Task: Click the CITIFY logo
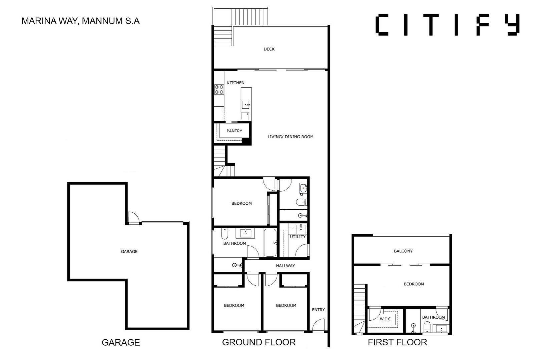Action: pyautogui.click(x=448, y=24)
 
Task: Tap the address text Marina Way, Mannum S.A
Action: pyautogui.click(x=80, y=21)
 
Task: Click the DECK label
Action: pyautogui.click(x=269, y=49)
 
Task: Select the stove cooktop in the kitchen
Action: pyautogui.click(x=219, y=90)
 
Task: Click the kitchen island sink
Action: pyautogui.click(x=245, y=105)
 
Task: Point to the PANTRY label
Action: pyautogui.click(x=234, y=131)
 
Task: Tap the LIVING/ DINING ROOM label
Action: pyautogui.click(x=291, y=137)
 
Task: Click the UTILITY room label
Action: pyautogui.click(x=298, y=237)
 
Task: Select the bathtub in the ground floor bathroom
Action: pyautogui.click(x=270, y=243)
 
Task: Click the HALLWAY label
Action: pyautogui.click(x=285, y=266)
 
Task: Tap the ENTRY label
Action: pyautogui.click(x=318, y=310)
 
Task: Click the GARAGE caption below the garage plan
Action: pyautogui.click(x=121, y=342)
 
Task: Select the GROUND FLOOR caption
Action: pyautogui.click(x=259, y=342)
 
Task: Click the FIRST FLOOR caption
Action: pyautogui.click(x=398, y=342)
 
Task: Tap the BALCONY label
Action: pyautogui.click(x=403, y=251)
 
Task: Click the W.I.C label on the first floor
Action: pyautogui.click(x=385, y=319)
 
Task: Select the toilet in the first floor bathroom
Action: pyautogui.click(x=427, y=327)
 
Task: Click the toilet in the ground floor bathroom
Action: pyautogui.click(x=224, y=234)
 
